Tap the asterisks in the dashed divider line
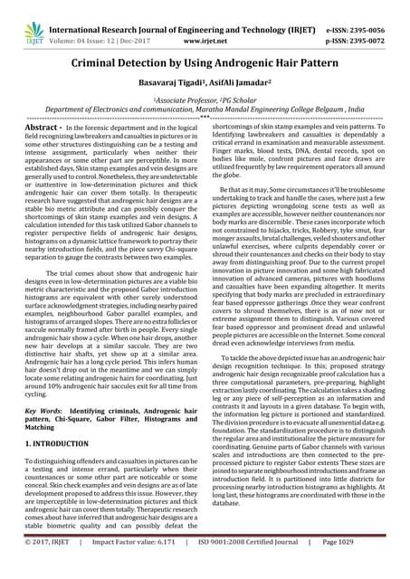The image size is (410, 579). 205,117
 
